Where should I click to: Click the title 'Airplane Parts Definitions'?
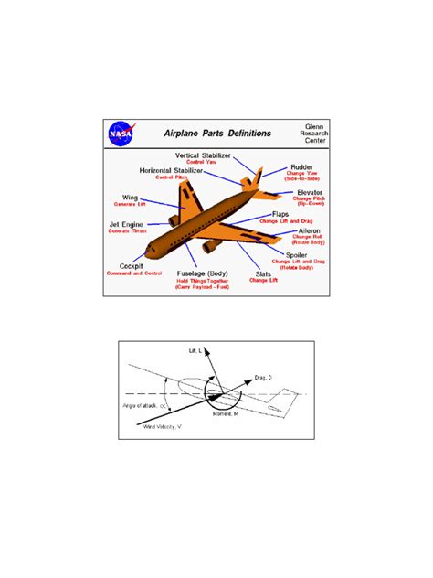(216, 133)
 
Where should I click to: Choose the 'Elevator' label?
(309, 193)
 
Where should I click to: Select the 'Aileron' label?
(307, 232)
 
